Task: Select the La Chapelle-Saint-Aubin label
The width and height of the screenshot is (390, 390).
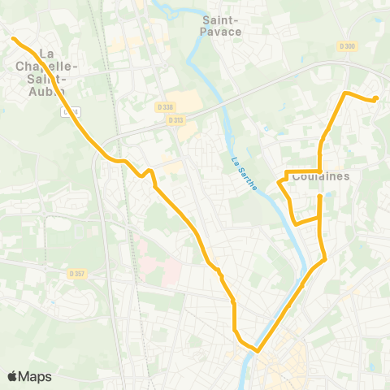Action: pos(52,67)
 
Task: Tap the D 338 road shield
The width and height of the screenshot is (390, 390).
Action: pos(165,106)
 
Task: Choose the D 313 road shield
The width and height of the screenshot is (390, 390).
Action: pos(175,120)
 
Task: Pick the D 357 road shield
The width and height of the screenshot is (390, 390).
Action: pos(77,273)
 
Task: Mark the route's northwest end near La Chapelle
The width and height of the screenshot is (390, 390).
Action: pos(14,38)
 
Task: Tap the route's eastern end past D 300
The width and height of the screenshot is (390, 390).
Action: pos(376,99)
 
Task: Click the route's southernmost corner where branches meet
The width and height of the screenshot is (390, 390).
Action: pos(257,351)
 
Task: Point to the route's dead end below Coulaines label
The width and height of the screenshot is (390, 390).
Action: pos(320,196)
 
